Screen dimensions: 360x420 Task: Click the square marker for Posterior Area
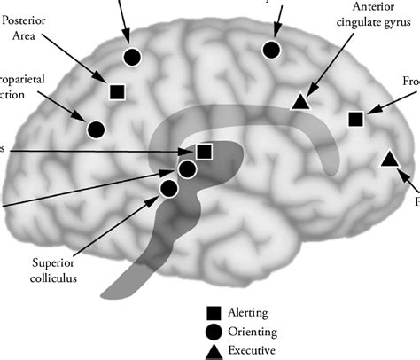point(116,90)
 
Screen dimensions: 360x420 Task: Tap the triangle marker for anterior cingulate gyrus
point(301,103)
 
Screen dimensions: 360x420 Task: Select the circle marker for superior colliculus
point(169,187)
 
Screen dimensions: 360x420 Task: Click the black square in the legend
point(214,312)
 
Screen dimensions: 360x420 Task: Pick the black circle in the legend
point(214,332)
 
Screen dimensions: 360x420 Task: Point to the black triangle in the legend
point(214,350)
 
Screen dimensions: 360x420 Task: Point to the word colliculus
point(56,278)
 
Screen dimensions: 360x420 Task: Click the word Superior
point(55,262)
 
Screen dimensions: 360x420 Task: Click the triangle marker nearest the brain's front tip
point(388,159)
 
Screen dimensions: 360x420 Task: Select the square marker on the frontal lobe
point(356,118)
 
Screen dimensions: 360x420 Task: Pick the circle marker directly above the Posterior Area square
point(131,57)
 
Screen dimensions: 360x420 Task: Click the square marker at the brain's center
point(205,152)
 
